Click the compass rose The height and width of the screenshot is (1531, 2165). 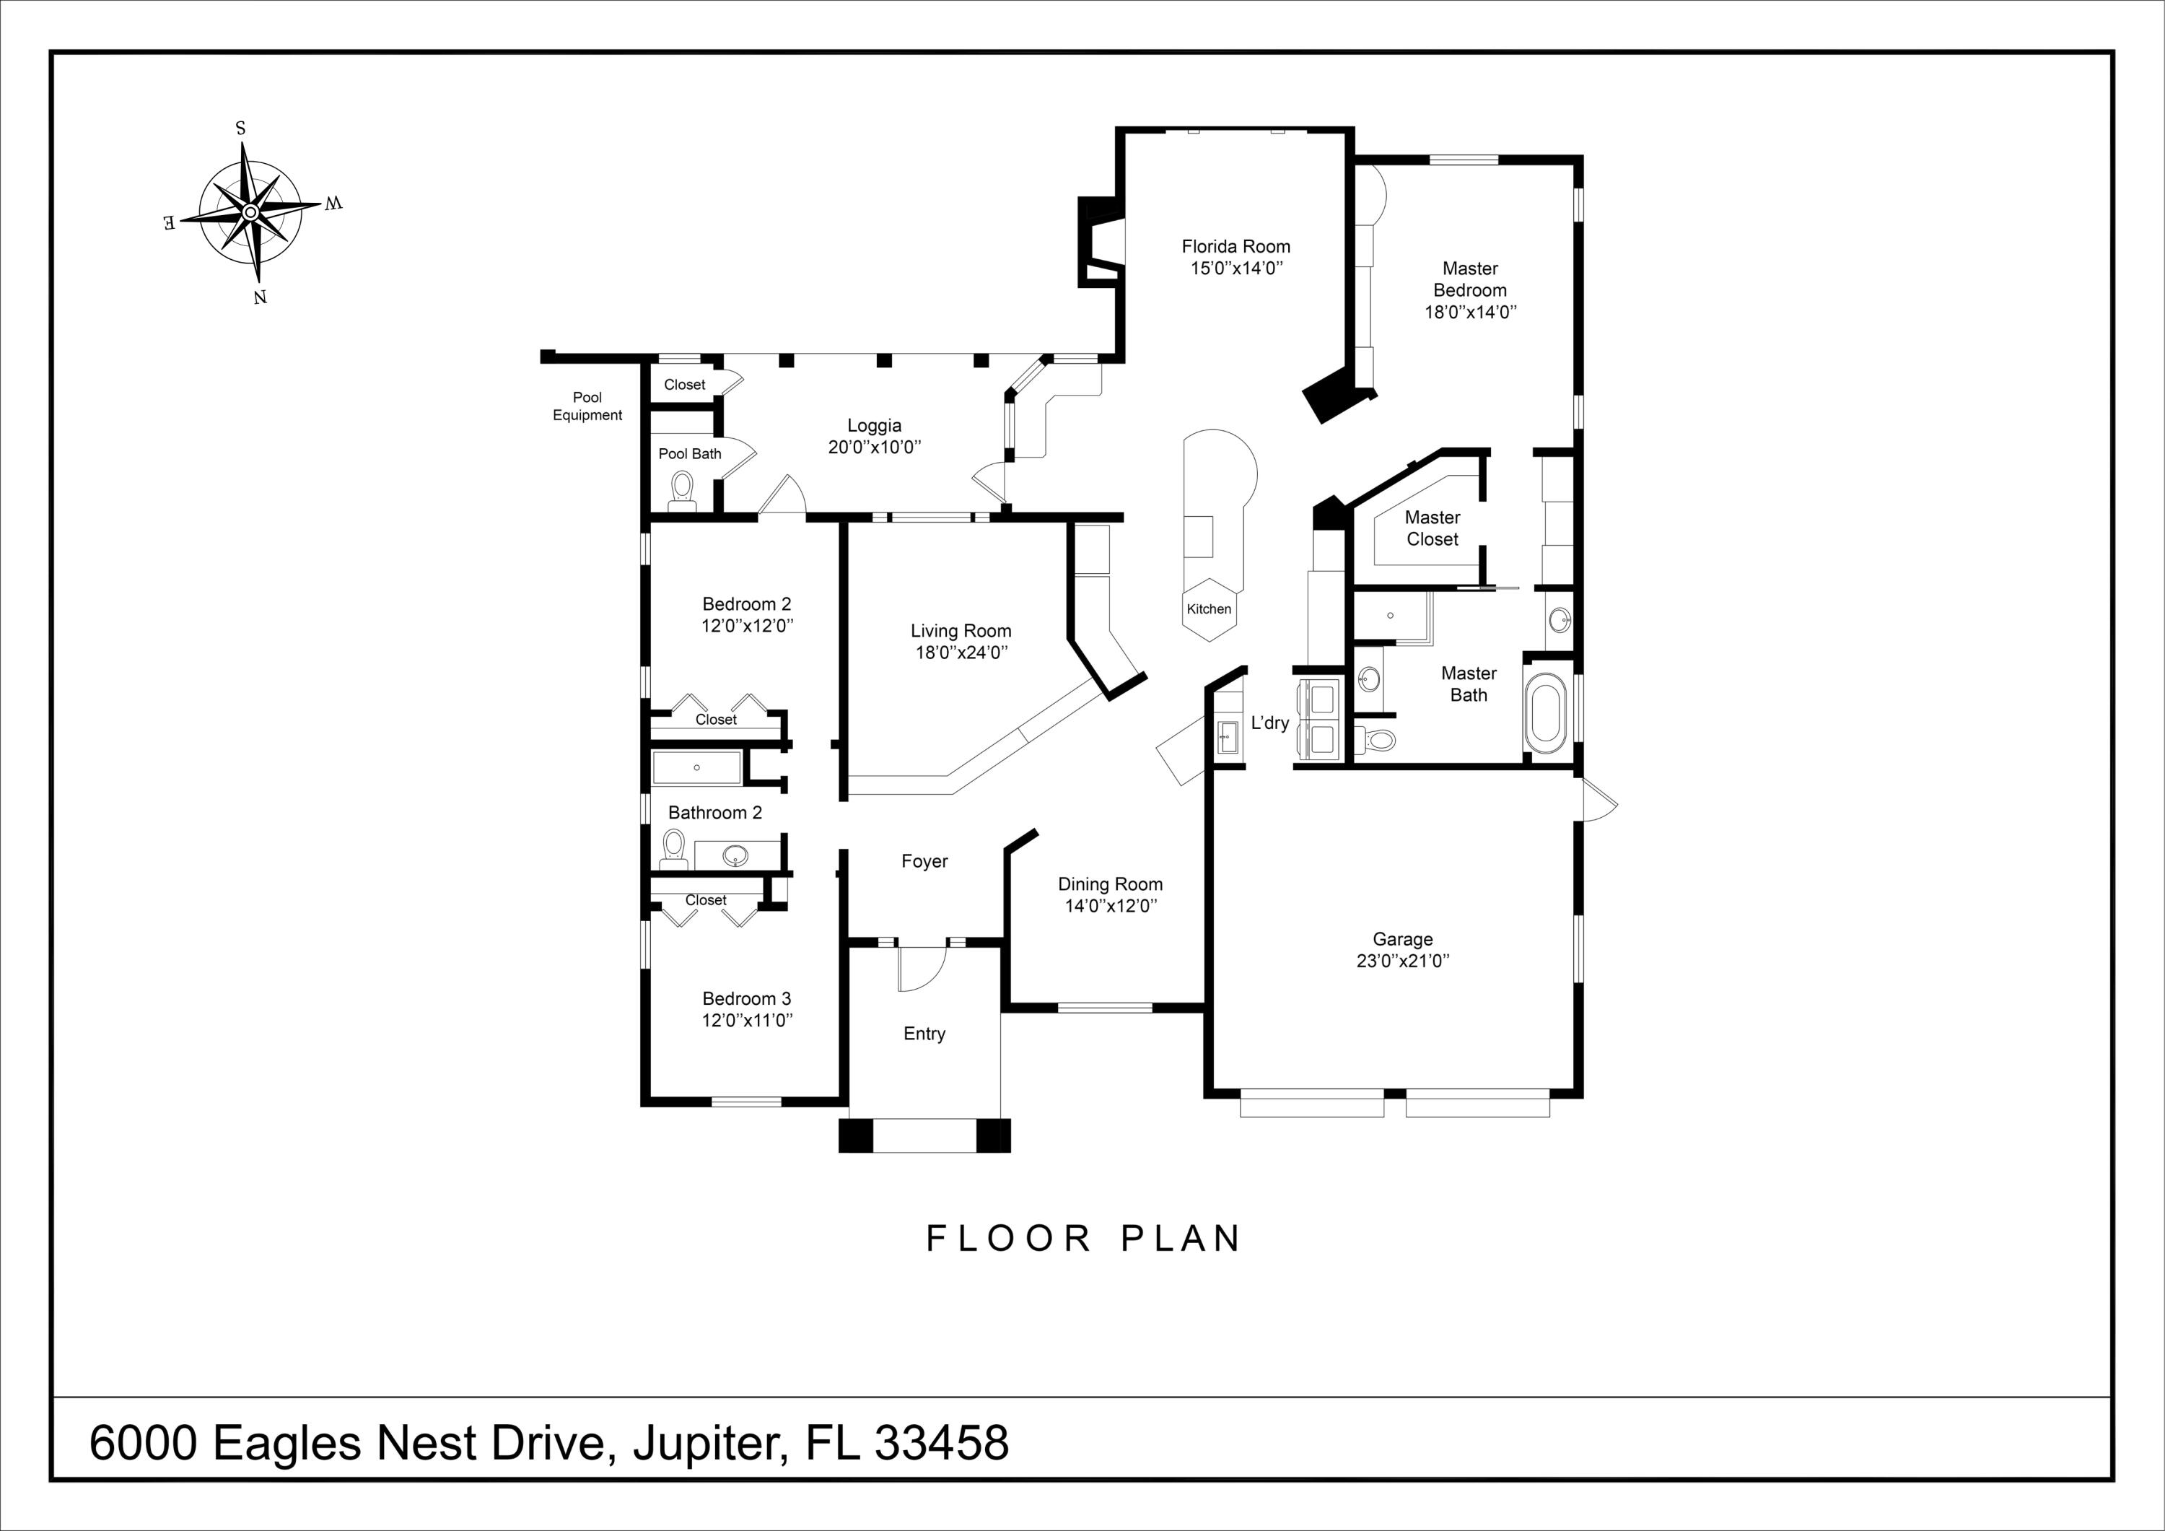coord(251,212)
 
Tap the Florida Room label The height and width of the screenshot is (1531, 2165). coord(1235,246)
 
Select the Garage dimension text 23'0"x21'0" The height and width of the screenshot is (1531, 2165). coord(1402,960)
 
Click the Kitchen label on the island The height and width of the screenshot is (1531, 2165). coord(1209,609)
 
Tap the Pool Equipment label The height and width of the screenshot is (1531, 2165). coord(587,406)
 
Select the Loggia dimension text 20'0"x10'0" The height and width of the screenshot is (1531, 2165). coord(874,447)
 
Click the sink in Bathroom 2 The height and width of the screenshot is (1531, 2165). coord(735,855)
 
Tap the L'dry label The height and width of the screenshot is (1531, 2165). coord(1269,723)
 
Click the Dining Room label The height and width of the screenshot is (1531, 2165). coord(1110,884)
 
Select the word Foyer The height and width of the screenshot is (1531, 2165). coord(924,861)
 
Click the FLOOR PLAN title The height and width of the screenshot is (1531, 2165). coord(1085,1239)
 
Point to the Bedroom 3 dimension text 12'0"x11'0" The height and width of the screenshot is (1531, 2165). coord(747,1020)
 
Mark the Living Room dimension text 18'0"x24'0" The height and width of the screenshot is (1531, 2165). coord(961,653)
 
